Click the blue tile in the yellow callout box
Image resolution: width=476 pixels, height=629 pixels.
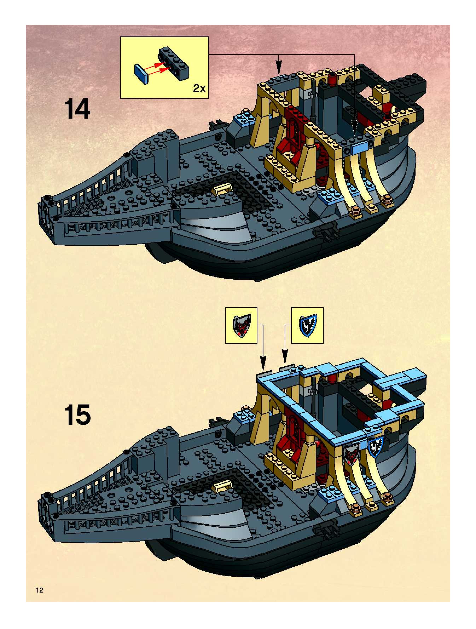click(x=141, y=74)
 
